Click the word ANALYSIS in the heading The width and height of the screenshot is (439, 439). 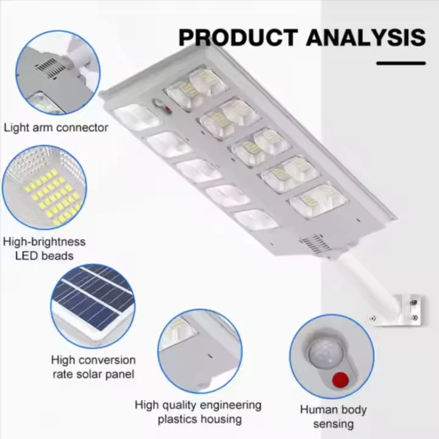pos(365,37)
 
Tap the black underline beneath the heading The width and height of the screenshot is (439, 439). pos(401,63)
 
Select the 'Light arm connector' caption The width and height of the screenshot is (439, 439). pos(56,127)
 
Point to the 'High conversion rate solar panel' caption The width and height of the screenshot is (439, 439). pos(93,367)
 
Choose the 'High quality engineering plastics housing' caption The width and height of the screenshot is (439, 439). pos(199,412)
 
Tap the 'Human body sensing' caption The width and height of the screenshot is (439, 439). pos(333,416)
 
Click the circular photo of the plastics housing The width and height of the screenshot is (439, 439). pos(199,351)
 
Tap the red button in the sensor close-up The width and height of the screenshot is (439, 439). pos(340,379)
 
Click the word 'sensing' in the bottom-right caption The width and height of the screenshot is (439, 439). pos(333,423)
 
